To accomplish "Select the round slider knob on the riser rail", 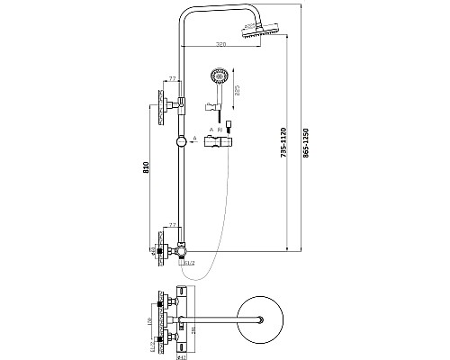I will [x=184, y=140].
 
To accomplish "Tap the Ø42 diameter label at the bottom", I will [x=181, y=355].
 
